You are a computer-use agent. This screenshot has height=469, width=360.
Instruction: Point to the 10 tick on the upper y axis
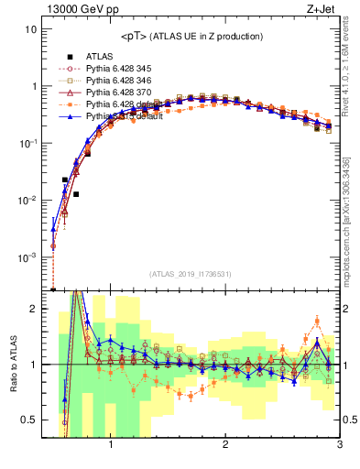(30, 29)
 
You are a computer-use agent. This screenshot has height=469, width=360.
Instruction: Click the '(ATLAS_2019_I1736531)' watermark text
(191, 273)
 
